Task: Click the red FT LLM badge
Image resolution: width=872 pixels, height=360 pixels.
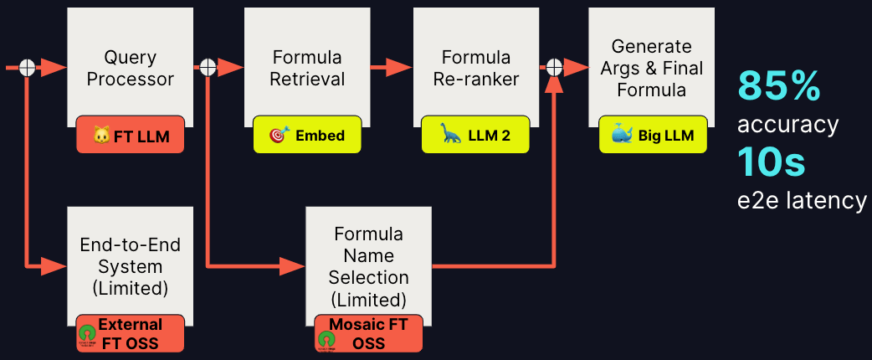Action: [x=130, y=136]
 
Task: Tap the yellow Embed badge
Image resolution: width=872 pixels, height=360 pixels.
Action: [x=307, y=136]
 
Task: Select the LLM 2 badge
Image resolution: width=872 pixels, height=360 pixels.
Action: [x=476, y=136]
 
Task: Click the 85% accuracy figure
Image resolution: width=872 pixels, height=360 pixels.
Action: [x=778, y=85]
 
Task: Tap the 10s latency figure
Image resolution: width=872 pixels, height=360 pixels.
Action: [x=771, y=162]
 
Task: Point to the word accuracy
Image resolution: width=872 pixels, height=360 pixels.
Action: [x=787, y=125]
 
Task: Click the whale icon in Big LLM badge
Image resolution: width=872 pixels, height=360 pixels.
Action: [x=621, y=136]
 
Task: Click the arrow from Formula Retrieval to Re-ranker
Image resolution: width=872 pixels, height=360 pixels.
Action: [x=390, y=68]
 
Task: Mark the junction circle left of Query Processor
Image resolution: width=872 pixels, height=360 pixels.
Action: [x=28, y=68]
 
